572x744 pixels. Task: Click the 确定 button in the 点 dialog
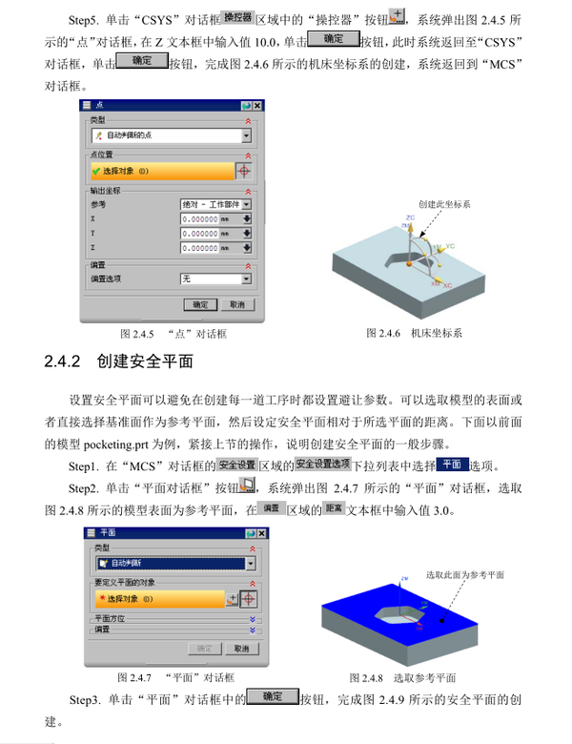[x=200, y=304]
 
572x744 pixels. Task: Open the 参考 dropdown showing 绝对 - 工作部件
[x=215, y=203]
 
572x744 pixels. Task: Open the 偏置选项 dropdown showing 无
[x=215, y=279]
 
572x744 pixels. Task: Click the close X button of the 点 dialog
[x=257, y=106]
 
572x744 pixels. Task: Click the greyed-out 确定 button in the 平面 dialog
[x=204, y=648]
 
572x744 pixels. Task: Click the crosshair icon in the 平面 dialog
[x=248, y=599]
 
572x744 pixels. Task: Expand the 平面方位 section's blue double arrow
[x=253, y=619]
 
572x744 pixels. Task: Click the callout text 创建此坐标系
[x=445, y=204]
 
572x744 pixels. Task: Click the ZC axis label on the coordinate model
[x=411, y=217]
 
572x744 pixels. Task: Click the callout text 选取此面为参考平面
[x=464, y=575]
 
